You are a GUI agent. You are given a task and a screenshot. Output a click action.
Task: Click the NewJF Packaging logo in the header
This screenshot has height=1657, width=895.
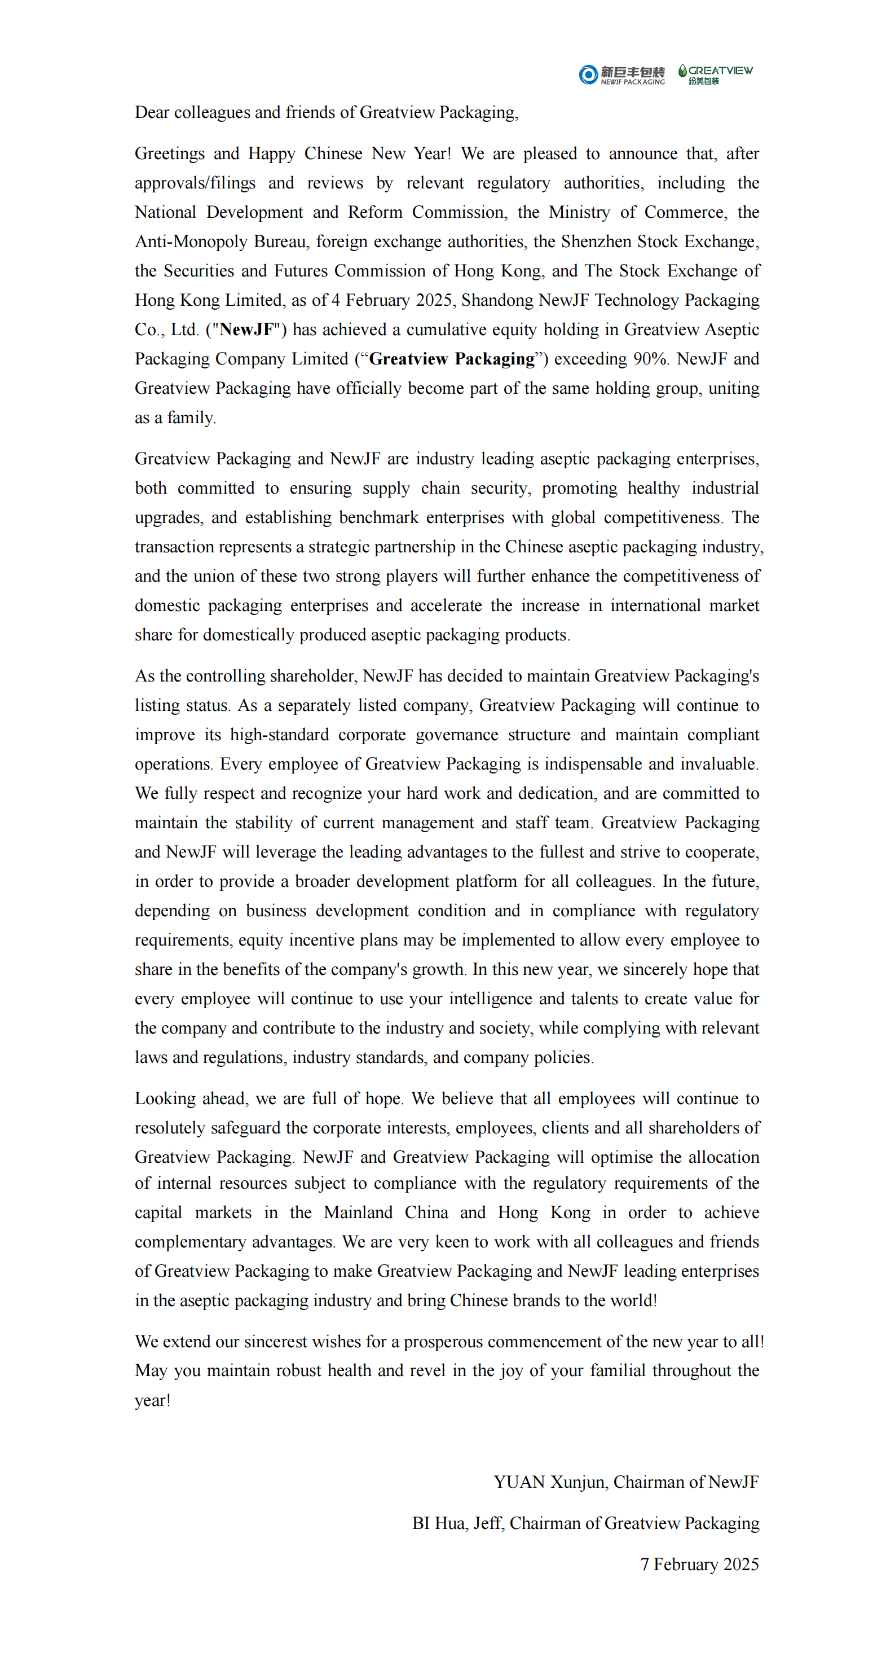coord(621,74)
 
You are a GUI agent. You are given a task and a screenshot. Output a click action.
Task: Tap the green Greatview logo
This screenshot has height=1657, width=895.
coord(715,74)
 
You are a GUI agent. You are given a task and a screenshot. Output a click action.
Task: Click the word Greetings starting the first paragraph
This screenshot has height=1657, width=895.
coord(170,153)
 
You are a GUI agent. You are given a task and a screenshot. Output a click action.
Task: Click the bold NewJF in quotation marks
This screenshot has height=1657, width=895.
coord(247,330)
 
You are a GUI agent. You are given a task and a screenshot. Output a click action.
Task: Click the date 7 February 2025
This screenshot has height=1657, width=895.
coord(699,1564)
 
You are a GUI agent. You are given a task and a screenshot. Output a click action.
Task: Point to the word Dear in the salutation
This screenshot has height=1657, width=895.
coord(152,113)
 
